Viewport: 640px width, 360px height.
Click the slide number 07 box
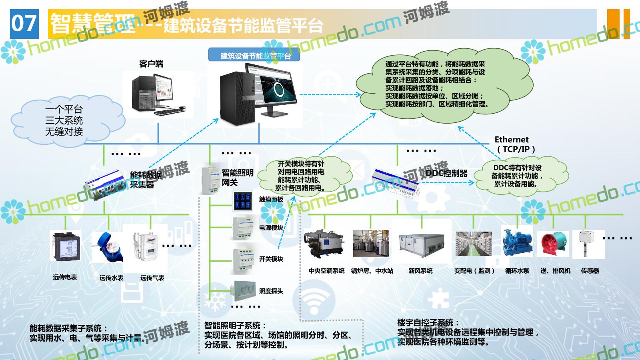pos(24,24)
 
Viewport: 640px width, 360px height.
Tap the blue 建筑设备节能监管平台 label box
pos(254,55)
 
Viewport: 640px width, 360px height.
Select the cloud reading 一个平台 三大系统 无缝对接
pos(64,120)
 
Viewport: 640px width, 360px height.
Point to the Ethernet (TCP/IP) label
pos(514,144)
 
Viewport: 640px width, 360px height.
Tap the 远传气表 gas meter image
pos(145,247)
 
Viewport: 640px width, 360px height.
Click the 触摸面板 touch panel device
pos(243,201)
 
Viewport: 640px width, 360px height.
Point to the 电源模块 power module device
pos(243,228)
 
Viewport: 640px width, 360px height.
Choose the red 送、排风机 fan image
pos(553,244)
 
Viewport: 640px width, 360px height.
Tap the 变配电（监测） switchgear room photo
pos(473,244)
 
